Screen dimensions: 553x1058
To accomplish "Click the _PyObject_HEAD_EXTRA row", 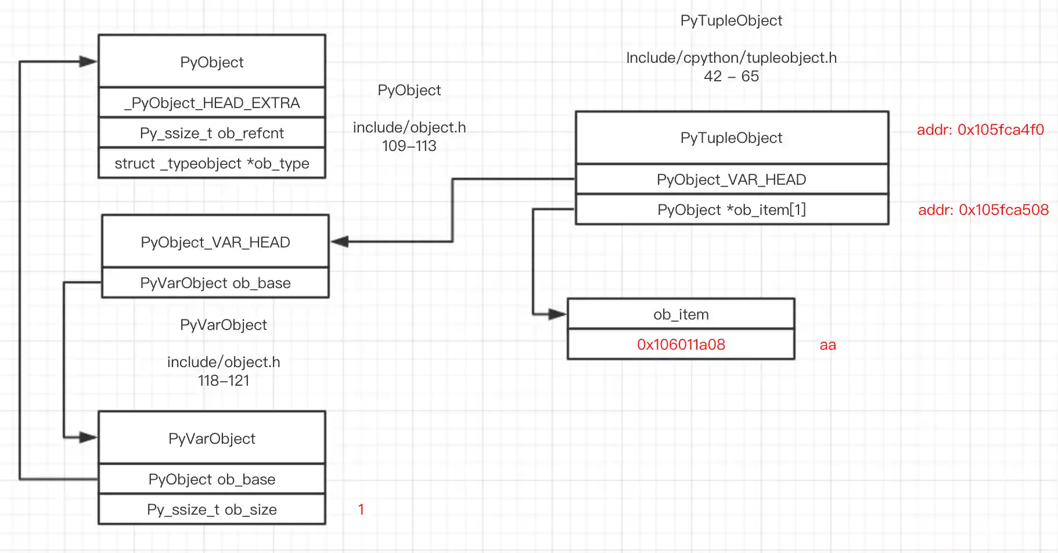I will [x=212, y=103].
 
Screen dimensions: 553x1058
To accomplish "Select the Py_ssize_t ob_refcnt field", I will [x=212, y=133].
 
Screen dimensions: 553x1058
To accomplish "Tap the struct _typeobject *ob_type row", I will [x=212, y=163].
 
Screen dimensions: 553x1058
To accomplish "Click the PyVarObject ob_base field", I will [x=215, y=283].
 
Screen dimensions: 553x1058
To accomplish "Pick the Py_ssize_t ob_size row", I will [x=212, y=509].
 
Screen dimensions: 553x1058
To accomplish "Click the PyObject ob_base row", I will [x=212, y=479].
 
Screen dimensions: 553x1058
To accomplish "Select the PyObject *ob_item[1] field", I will [x=732, y=210].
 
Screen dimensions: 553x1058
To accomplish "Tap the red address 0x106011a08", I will [x=681, y=344].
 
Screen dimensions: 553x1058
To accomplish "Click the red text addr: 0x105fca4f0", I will [x=980, y=130].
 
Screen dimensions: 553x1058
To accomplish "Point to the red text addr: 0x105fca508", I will [x=983, y=210].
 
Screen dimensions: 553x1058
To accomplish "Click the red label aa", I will [x=827, y=345].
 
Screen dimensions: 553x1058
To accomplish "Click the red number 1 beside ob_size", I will [x=361, y=509].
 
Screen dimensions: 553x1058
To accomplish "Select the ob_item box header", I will [x=681, y=314].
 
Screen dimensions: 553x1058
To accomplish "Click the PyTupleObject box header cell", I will [x=732, y=138].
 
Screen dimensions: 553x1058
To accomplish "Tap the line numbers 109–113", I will [x=409, y=146].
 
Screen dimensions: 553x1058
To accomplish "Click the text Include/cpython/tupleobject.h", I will [x=731, y=58].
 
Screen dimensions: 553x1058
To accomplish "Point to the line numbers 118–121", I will [x=224, y=380].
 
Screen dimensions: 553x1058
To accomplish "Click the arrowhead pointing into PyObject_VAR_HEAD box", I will [x=340, y=242].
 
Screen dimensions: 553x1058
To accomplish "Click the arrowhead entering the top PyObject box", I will [x=88, y=61].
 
